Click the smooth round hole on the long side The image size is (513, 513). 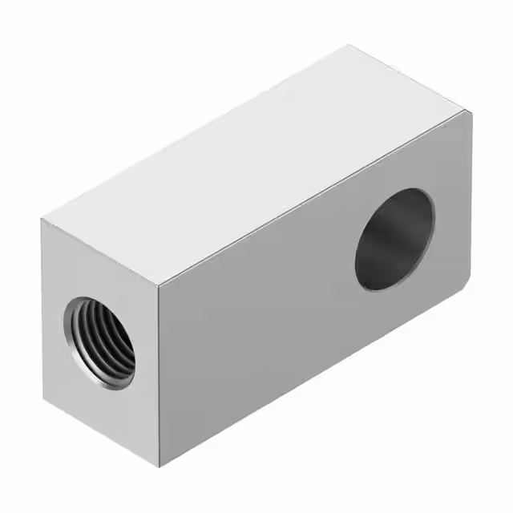click(394, 239)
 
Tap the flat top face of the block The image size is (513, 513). click(256, 160)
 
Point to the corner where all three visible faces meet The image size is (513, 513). click(160, 286)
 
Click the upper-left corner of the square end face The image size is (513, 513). click(43, 219)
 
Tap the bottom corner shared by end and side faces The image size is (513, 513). click(160, 467)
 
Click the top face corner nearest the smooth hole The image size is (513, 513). click(471, 112)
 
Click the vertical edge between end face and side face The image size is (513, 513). click(160, 377)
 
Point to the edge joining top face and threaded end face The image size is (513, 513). click(101, 252)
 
